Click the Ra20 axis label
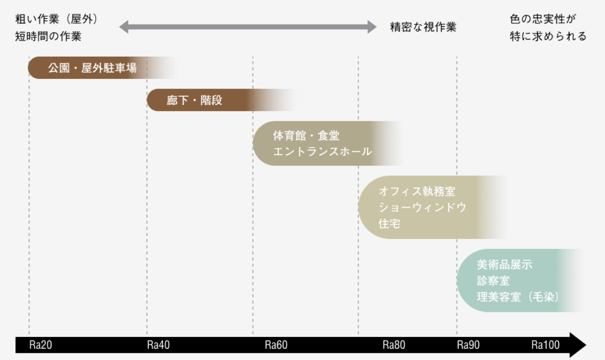[41, 345]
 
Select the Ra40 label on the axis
[158, 345]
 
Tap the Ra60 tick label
[276, 345]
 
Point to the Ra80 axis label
[393, 345]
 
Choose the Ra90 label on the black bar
[468, 345]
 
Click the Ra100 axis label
[545, 345]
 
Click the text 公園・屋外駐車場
[92, 68]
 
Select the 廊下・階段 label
[194, 100]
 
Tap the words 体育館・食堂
[306, 136]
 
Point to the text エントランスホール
[322, 152]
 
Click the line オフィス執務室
[416, 192]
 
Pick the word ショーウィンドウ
[422, 208]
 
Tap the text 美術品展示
[504, 265]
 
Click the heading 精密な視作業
[423, 27]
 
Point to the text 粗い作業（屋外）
[56, 19]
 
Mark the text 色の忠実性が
[543, 19]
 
